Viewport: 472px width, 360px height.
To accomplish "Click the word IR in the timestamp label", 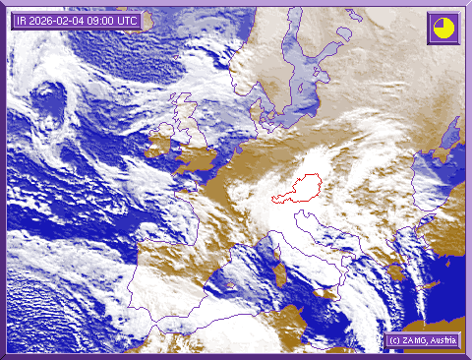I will pos(22,21).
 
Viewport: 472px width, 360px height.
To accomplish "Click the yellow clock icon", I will pos(443,28).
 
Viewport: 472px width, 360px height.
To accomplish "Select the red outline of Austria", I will pos(301,186).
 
